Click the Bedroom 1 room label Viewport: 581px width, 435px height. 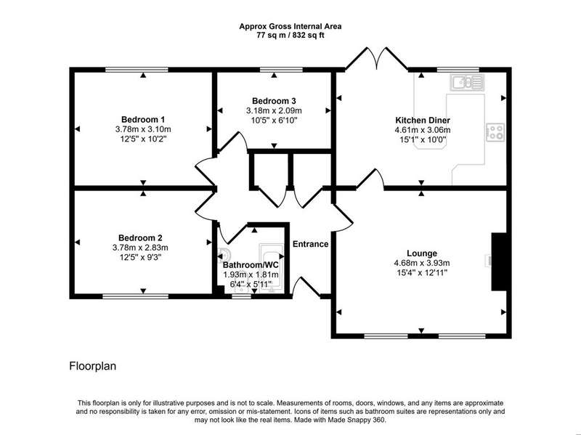143,120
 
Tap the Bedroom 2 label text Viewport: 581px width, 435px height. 140,238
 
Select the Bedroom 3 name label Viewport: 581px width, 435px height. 274,101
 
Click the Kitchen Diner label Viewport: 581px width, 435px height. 423,120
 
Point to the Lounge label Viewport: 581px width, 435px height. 422,253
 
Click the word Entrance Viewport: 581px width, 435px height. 311,244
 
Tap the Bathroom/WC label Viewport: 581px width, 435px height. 251,265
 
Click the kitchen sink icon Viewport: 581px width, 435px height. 467,82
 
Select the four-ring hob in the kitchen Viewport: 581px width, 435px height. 495,132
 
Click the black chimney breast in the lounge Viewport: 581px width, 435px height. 499,261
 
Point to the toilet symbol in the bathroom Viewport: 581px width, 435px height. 224,254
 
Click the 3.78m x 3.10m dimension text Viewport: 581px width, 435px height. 143,129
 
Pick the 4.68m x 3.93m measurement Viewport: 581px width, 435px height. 422,263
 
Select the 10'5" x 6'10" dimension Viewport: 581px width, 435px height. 274,120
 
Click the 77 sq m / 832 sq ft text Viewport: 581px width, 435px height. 290,36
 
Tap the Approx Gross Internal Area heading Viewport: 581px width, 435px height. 290,27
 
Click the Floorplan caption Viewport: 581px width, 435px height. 93,367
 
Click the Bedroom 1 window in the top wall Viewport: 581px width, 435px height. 137,70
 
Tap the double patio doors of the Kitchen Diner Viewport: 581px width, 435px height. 377,59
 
